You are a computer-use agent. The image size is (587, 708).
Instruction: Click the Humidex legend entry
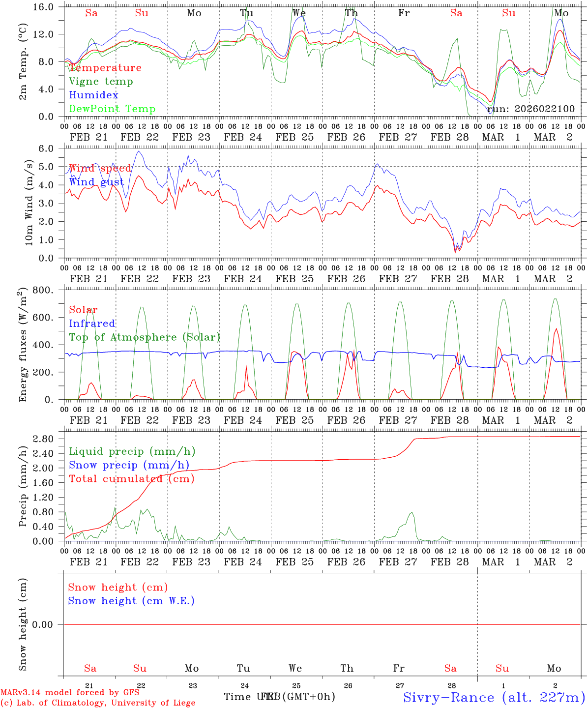(x=93, y=95)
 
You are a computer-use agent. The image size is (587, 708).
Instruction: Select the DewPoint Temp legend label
(x=112, y=109)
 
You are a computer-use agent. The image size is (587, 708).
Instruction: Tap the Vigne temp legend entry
(x=101, y=82)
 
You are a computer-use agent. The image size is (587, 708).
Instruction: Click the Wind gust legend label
(x=96, y=182)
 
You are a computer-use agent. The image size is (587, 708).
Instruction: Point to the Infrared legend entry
(x=92, y=324)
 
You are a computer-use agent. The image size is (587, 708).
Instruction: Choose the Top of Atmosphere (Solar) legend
(x=145, y=337)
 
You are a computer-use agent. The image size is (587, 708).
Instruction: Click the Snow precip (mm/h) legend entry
(x=129, y=465)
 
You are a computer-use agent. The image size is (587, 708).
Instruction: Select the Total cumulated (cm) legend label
(x=132, y=479)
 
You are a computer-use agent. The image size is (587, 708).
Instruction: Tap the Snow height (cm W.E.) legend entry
(x=131, y=601)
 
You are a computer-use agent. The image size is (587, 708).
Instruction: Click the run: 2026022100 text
(x=531, y=109)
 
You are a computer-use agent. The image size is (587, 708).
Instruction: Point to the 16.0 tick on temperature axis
(x=47, y=7)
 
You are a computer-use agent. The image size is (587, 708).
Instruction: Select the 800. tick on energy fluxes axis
(x=48, y=290)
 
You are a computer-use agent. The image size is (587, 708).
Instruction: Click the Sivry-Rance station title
(x=494, y=697)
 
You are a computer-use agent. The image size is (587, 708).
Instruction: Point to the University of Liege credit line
(x=98, y=703)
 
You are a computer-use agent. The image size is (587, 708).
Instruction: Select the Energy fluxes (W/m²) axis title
(x=22, y=346)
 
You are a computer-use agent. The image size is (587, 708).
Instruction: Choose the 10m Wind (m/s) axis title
(x=29, y=203)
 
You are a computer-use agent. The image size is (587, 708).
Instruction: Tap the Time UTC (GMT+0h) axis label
(x=280, y=697)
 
